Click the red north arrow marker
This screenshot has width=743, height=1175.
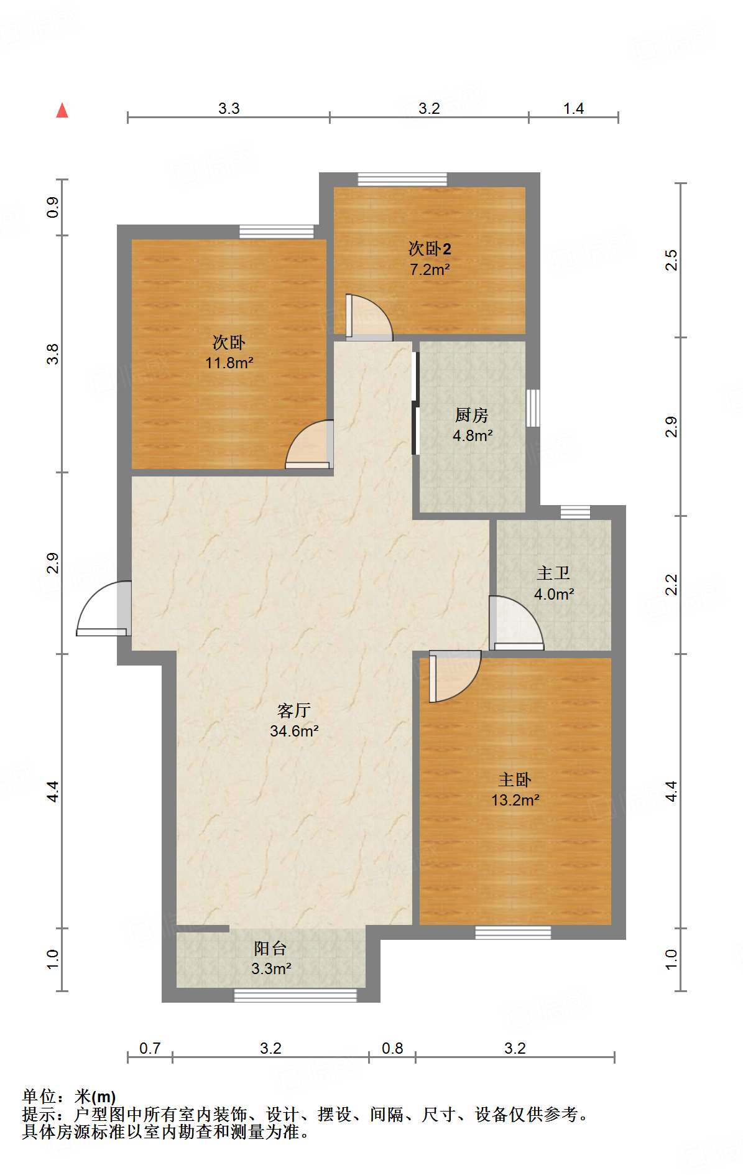[62, 110]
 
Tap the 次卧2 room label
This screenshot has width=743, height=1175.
[429, 249]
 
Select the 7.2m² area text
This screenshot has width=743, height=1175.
[429, 269]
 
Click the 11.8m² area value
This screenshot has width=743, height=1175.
[229, 363]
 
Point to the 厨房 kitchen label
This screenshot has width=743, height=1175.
[472, 414]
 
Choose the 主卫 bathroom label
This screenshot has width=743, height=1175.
[553, 573]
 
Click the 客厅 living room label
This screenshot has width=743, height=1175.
[294, 710]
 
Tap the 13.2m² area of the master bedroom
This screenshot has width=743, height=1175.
[515, 800]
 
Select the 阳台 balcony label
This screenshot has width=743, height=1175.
[270, 948]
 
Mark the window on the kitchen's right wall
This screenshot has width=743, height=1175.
[533, 408]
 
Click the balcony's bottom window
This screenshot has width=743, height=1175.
[295, 995]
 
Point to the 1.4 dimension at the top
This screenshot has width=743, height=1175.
[573, 109]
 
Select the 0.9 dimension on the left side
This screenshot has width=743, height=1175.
[53, 207]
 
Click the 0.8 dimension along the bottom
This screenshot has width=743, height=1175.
[392, 1048]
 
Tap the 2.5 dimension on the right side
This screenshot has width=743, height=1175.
[671, 259]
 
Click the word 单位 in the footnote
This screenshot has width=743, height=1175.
[39, 1097]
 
